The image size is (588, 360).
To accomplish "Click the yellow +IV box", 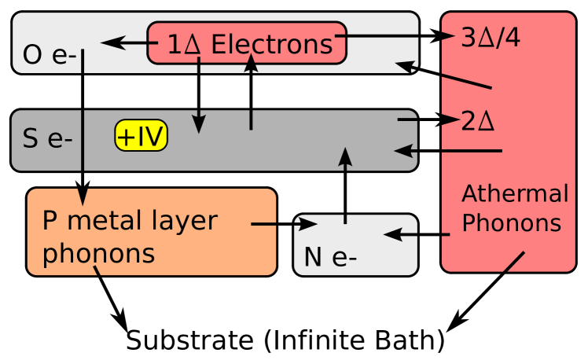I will [141, 136].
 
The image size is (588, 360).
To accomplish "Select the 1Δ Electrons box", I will [247, 43].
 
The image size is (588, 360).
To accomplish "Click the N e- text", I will [330, 257].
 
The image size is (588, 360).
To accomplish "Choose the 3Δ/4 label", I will [491, 38].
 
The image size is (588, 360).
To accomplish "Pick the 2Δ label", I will [477, 122].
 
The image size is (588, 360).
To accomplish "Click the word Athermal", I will [514, 193].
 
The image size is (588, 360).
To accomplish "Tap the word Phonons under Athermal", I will [511, 223].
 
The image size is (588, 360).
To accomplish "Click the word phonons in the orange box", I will [98, 254].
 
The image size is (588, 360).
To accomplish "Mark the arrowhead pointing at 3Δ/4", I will [449, 35].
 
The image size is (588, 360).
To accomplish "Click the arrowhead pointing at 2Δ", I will [450, 119].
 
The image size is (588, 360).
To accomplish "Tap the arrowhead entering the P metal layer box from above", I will [83, 197].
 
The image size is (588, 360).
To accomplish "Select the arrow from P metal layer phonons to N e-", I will [283, 224].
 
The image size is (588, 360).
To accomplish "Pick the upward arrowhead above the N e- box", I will [344, 156].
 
